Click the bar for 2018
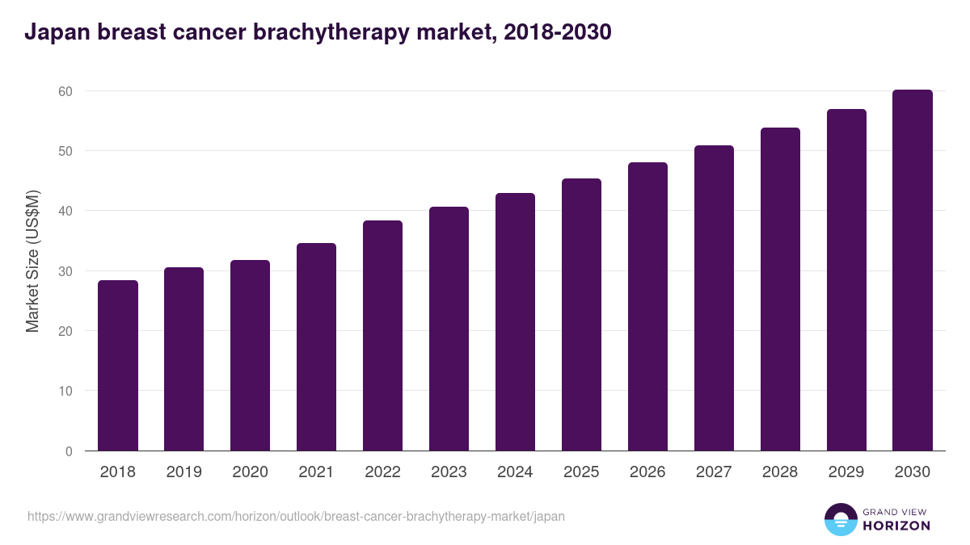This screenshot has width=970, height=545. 118,366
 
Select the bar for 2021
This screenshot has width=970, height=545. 316,347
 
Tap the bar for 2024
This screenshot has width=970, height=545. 515,322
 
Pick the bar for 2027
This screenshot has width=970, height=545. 714,298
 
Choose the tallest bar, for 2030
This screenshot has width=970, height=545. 913,270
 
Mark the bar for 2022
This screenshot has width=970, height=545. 382,336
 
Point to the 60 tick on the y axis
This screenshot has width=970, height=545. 65,91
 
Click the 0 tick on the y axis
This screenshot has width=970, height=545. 69,451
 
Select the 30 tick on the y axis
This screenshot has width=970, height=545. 65,271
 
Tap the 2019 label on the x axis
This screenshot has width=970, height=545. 184,472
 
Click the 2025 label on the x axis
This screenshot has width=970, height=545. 581,472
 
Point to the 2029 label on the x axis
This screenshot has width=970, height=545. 846,472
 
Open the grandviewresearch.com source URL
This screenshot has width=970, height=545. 296,516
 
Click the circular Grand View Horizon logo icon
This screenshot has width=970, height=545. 841,519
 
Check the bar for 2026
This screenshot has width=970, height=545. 647,307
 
